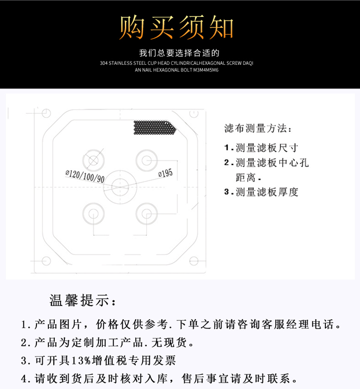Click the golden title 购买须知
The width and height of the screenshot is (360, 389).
(x=176, y=27)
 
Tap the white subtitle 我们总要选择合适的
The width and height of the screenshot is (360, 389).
(x=179, y=53)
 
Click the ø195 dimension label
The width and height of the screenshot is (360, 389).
(x=166, y=173)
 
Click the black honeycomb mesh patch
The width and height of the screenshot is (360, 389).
(x=155, y=128)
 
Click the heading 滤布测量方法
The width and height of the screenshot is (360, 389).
(x=258, y=128)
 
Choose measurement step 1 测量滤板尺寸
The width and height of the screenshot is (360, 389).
(x=261, y=148)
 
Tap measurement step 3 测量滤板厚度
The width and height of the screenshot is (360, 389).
(x=261, y=192)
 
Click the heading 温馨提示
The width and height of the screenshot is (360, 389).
(x=83, y=301)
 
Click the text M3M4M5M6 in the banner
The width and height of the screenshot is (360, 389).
(x=206, y=70)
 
